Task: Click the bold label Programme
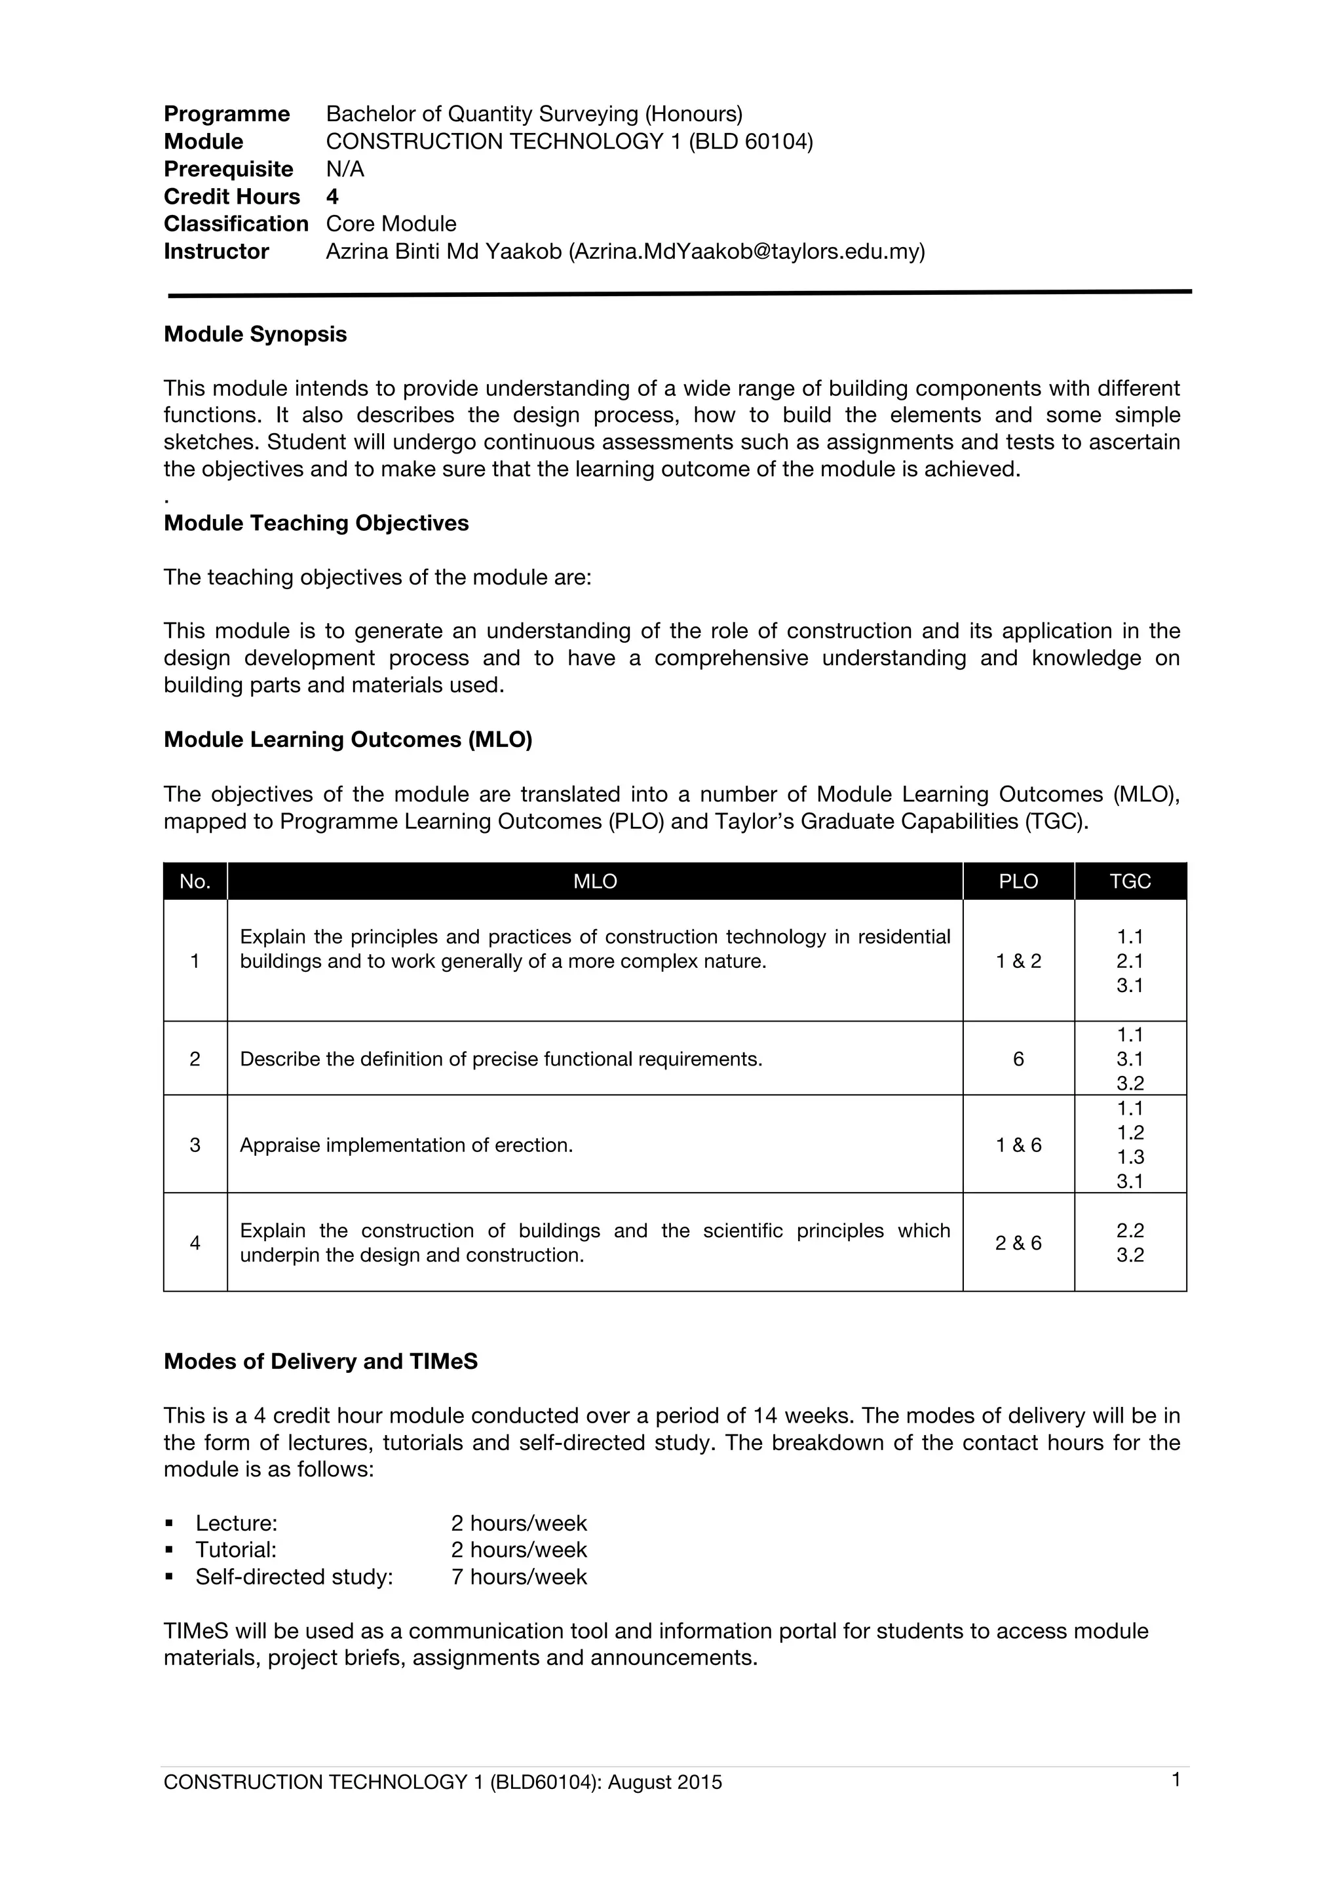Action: coord(227,114)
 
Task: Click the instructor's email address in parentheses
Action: coord(746,252)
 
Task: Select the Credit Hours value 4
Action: coord(332,197)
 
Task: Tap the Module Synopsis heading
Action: coord(255,334)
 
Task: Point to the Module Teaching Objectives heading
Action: coord(316,523)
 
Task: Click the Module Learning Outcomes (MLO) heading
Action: coord(347,739)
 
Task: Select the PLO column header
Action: coord(1018,882)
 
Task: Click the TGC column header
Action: coord(1130,882)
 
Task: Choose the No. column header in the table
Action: coord(195,882)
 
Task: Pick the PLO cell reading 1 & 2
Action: coord(1018,961)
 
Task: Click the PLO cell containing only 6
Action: coord(1018,1059)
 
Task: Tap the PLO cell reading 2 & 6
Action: coord(1018,1243)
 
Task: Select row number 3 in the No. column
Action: coord(195,1145)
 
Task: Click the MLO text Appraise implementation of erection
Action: coord(406,1145)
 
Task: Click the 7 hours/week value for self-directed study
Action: coord(518,1577)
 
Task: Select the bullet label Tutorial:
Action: coord(236,1550)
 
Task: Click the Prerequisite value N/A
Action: coord(345,170)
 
